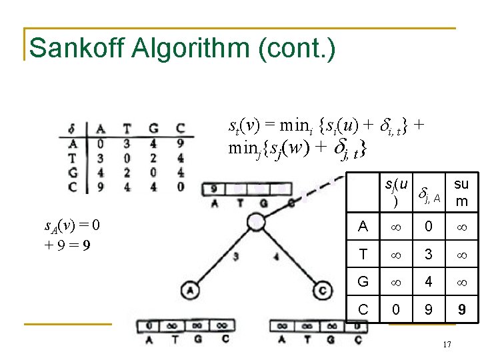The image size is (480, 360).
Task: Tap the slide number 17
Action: pos(447,344)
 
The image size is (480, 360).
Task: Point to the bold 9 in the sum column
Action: pos(461,310)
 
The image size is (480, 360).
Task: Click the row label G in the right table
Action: pos(363,282)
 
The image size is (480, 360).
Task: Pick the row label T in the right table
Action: pos(363,254)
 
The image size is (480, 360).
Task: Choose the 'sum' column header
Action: pos(461,192)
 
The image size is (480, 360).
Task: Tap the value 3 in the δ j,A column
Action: pos(429,254)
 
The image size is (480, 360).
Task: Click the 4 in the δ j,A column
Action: pos(429,282)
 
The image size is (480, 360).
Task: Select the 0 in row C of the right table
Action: pos(396,310)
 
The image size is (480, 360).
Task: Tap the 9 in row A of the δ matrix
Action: pos(180,141)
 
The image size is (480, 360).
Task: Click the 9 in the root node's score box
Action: pos(213,189)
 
